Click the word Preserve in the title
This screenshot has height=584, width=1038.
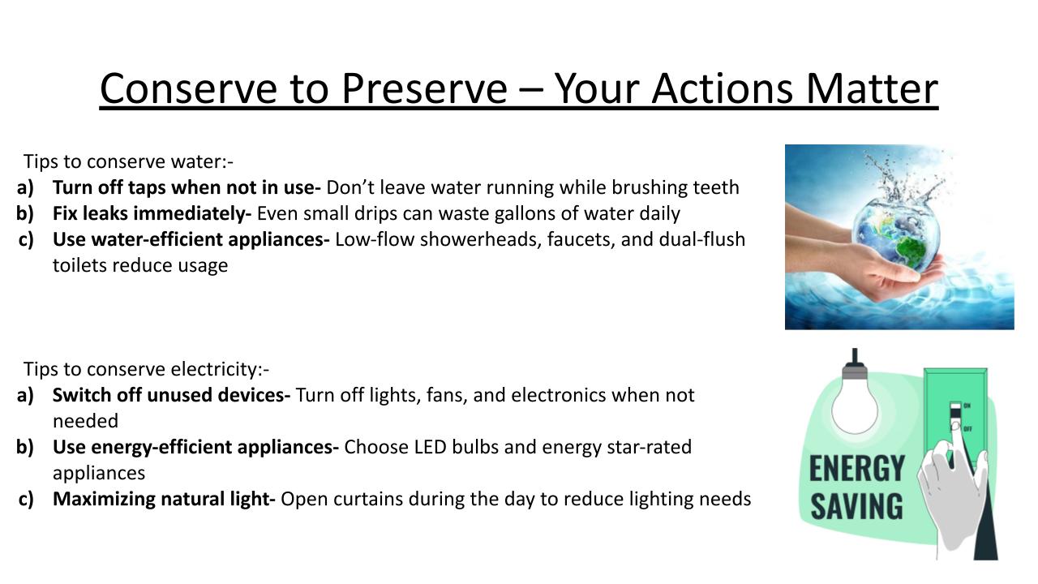424,88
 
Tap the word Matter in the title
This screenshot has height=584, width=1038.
872,88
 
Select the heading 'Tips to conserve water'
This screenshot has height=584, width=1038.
128,161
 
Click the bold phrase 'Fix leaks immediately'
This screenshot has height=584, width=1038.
152,213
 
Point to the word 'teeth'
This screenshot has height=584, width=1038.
716,187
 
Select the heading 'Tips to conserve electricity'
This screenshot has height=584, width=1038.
146,369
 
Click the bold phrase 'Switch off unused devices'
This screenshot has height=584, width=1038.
171,395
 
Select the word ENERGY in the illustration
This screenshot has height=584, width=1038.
857,469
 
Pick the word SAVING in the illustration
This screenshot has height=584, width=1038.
857,506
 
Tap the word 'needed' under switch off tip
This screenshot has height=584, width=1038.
86,421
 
